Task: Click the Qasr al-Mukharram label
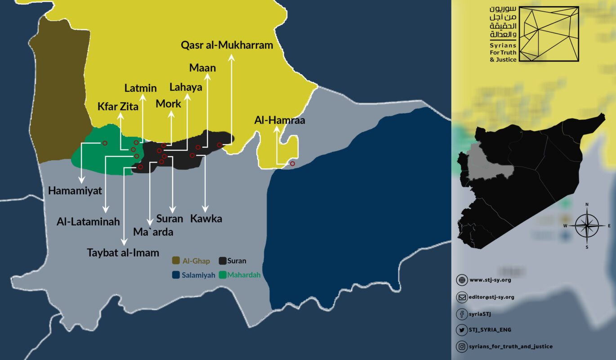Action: point(227,45)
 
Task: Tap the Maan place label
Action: point(202,68)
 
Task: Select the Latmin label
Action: point(140,88)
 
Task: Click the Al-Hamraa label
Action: point(280,120)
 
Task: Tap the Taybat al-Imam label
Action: point(123,252)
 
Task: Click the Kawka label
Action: point(206,219)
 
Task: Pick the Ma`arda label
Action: point(153,232)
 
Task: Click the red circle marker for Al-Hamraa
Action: point(292,164)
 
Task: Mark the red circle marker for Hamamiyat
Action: point(105,143)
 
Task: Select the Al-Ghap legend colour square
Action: point(176,261)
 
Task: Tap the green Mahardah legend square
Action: point(222,275)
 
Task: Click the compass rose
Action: point(587,225)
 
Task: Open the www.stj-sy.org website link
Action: point(490,280)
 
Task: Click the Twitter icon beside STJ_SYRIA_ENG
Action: point(461,330)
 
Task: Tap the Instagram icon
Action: point(461,346)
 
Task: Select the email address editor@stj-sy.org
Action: point(492,297)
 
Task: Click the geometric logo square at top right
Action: point(549,34)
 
